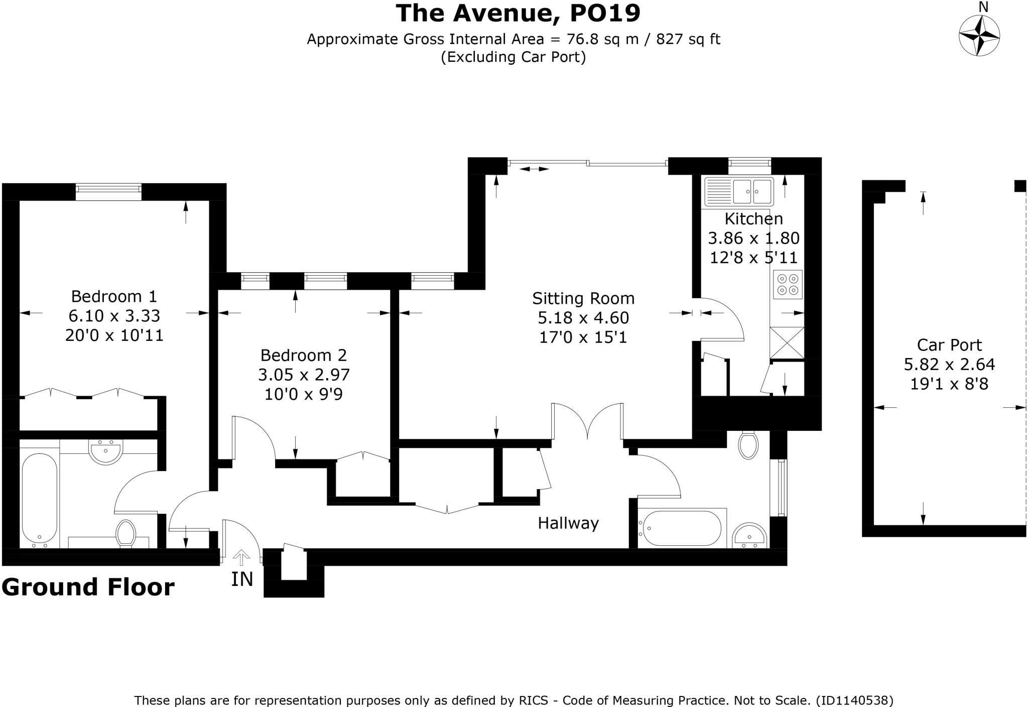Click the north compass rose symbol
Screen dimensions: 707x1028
coord(979,36)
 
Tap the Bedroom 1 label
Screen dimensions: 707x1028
coord(114,296)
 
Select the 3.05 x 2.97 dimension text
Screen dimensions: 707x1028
coord(304,375)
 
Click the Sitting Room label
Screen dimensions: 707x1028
coord(583,298)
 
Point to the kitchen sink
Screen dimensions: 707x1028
coord(739,191)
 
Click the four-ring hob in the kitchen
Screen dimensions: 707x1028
coord(788,284)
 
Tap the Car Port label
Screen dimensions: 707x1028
coord(949,345)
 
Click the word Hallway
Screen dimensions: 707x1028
coord(568,523)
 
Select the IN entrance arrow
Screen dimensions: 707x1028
coord(242,557)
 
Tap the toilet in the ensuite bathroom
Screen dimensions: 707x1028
coord(125,533)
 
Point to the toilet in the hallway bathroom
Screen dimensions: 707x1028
coord(748,445)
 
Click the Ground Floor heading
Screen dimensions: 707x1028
coord(88,586)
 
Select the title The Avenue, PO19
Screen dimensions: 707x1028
coord(518,13)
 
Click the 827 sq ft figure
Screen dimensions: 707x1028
coord(688,39)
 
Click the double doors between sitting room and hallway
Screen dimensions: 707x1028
coord(587,422)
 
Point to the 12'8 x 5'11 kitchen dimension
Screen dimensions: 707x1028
coord(753,258)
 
